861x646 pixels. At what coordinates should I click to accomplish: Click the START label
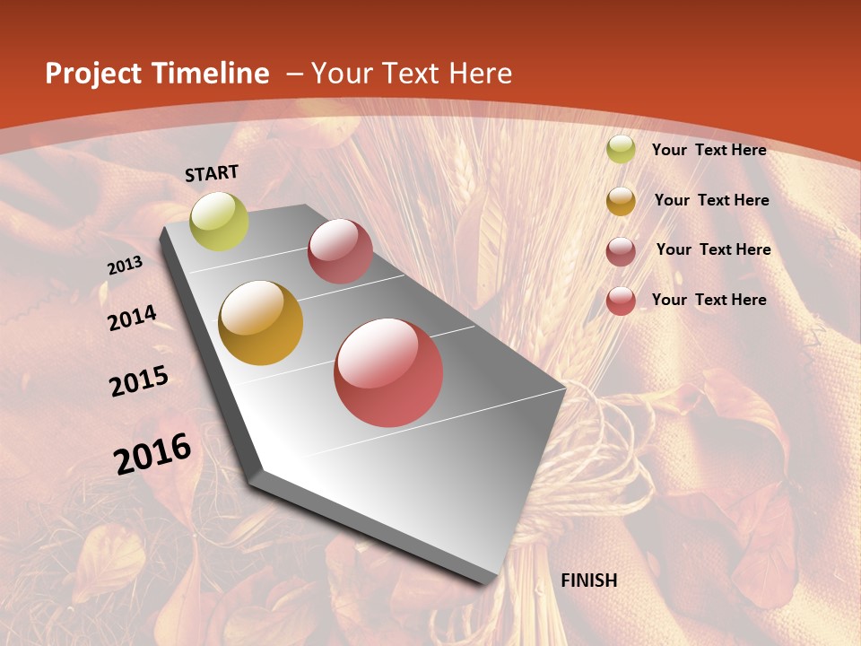coord(212,173)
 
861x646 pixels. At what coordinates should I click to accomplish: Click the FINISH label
coord(589,580)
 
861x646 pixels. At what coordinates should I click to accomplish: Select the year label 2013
coord(125,266)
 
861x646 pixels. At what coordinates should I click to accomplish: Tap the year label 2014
coord(132,319)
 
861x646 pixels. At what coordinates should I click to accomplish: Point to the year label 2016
coord(152,454)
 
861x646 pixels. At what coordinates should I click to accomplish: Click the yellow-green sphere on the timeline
coord(220,222)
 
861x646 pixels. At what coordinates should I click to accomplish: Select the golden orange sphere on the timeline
coord(261,323)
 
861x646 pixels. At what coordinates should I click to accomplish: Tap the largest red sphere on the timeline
coord(388,372)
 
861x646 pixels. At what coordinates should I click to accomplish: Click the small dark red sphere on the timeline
coord(340,251)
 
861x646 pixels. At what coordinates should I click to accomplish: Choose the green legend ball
coord(621,150)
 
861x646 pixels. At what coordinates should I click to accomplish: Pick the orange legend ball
coord(621,201)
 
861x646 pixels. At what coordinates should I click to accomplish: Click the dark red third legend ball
coord(621,251)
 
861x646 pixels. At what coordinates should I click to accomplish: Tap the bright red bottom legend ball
coord(621,301)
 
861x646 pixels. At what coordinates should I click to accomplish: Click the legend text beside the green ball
coord(709,150)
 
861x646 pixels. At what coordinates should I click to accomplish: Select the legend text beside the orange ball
coord(711,200)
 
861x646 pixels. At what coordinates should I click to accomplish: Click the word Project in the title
coord(93,74)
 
